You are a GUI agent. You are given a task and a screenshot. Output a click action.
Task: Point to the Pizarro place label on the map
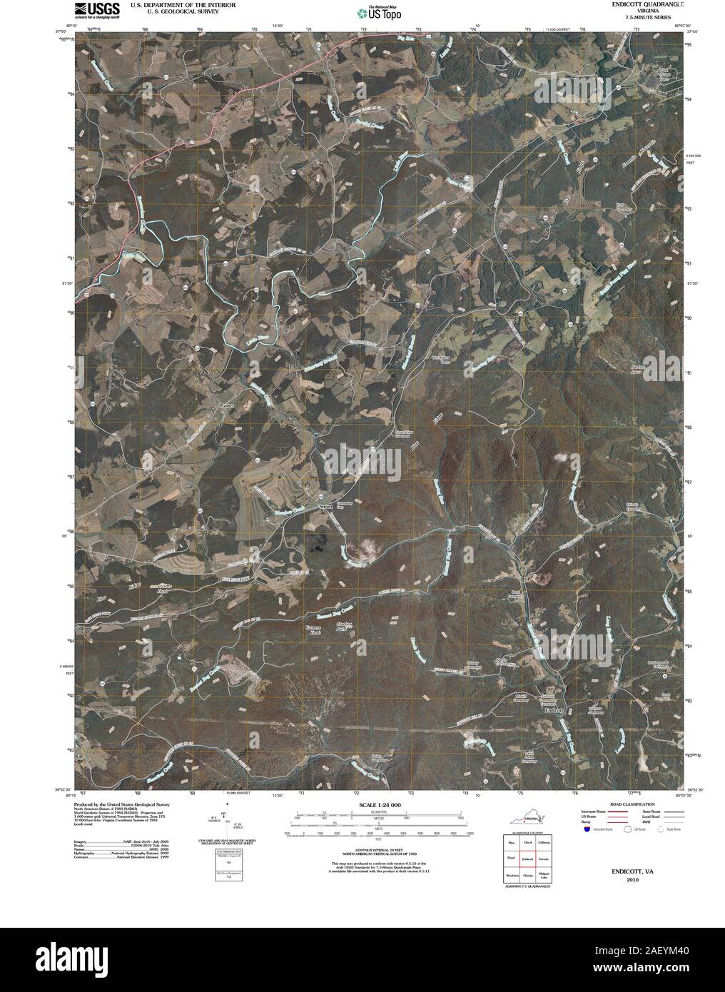pos(225,404)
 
